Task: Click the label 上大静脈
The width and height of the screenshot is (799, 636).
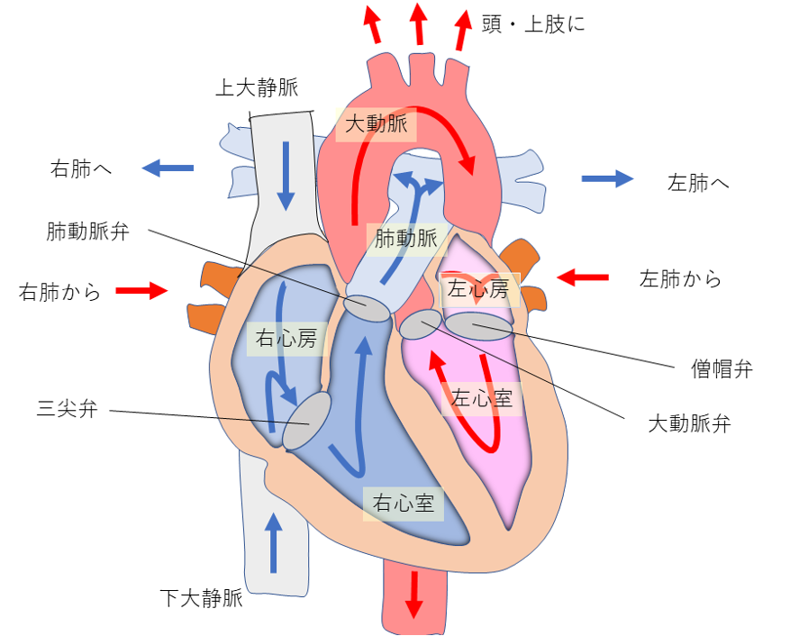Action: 256,87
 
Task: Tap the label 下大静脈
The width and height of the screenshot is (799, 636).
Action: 202,597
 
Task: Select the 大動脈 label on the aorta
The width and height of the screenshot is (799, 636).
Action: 377,124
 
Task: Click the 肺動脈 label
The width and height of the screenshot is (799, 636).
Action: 405,239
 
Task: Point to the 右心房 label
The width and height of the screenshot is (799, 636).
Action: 286,339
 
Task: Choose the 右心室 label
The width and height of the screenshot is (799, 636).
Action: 403,504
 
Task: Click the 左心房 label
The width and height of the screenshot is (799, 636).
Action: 477,289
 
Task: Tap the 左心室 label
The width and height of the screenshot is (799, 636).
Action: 481,398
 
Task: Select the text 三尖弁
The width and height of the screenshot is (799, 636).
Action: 67,410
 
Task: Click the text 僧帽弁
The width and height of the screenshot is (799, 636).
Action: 722,368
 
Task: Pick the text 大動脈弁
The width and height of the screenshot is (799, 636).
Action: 689,423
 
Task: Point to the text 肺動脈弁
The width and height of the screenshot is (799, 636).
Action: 87,232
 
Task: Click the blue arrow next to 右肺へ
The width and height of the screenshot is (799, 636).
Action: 168,168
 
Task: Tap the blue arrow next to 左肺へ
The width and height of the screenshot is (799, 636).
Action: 608,178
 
